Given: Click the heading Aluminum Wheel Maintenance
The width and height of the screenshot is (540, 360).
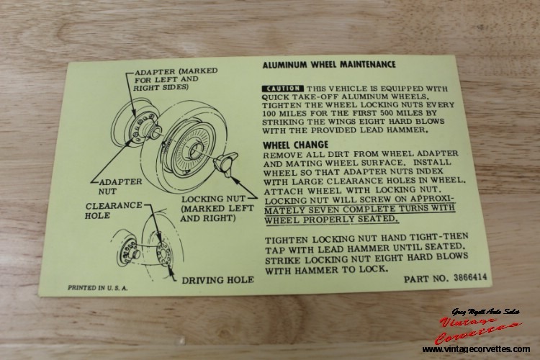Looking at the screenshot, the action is tap(329, 64).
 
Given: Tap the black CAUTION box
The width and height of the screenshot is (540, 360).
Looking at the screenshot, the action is tap(283, 89).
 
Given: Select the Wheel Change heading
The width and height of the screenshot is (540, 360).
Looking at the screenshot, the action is tap(295, 145).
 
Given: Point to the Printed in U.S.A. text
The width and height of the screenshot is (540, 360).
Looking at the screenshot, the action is tap(97, 288).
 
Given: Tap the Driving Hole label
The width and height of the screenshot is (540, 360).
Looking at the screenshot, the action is tap(217, 280).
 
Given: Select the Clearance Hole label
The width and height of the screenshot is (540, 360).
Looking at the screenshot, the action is tap(114, 210).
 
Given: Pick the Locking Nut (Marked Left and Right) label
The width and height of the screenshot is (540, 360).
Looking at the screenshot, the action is tap(217, 208).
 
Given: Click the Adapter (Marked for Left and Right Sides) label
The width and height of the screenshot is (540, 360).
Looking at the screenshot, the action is tap(176, 79).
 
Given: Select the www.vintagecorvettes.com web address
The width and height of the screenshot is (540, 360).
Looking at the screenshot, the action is tap(477, 349).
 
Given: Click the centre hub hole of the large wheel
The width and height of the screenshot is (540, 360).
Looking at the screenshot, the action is tap(195, 150).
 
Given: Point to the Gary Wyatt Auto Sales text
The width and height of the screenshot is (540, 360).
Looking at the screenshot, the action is tap(486, 312).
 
